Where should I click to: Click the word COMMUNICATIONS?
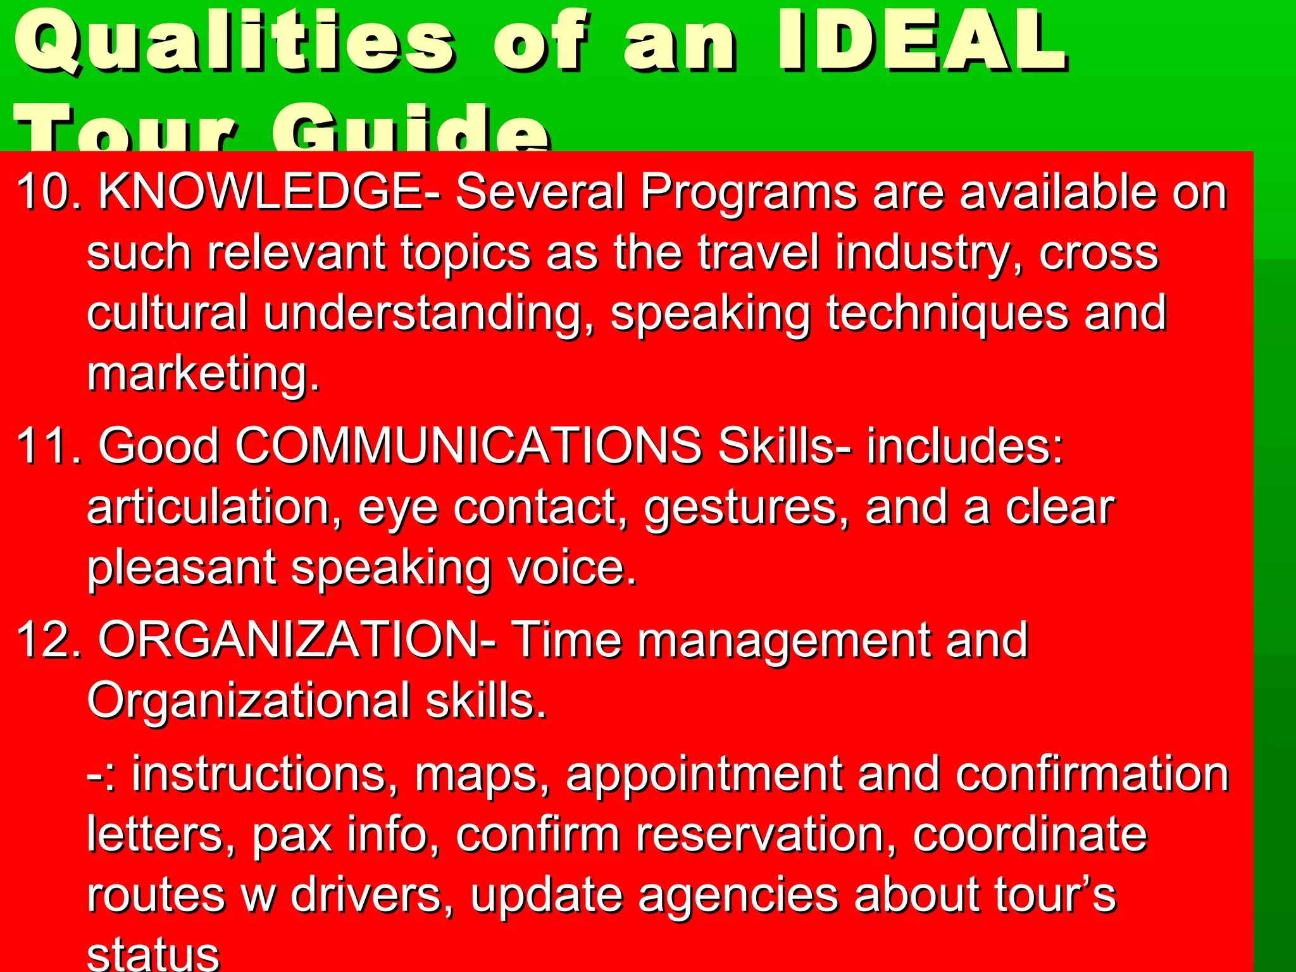point(468,446)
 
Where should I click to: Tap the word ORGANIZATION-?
point(297,640)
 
